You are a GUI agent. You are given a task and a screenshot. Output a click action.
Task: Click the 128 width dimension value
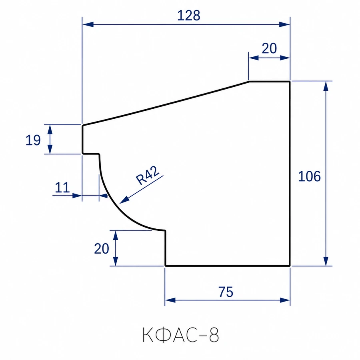click(x=189, y=16)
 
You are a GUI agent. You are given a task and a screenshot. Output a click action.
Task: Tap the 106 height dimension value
click(x=309, y=176)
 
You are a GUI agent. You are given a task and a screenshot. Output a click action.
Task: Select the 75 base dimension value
click(x=226, y=292)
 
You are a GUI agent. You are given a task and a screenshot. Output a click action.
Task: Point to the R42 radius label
click(x=147, y=175)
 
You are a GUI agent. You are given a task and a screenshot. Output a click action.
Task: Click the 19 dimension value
click(x=33, y=140)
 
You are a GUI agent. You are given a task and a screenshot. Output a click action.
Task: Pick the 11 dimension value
click(x=62, y=188)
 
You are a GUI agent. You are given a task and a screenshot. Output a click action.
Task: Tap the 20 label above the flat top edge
click(x=269, y=48)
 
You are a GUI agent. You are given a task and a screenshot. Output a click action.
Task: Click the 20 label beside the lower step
click(x=102, y=249)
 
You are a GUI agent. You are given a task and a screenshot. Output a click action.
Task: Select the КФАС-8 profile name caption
click(x=181, y=335)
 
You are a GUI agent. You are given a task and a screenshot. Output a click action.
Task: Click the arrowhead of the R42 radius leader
click(x=124, y=200)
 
